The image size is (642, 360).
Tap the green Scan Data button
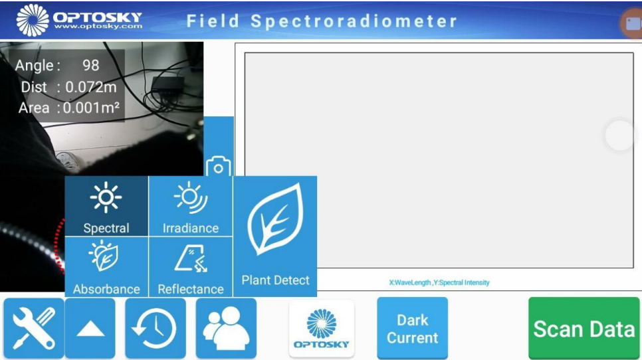(x=584, y=329)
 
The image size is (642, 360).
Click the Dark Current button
(x=412, y=329)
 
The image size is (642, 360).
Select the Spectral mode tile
(x=106, y=206)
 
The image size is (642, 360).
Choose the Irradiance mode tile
(x=191, y=206)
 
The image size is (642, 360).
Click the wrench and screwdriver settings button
(x=34, y=329)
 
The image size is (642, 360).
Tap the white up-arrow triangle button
(x=90, y=329)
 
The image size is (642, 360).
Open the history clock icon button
(x=156, y=329)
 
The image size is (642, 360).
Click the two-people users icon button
(x=226, y=329)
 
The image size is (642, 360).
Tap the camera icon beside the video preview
(x=219, y=167)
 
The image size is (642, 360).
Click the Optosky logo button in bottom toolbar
(x=322, y=329)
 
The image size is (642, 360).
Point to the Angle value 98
(x=91, y=65)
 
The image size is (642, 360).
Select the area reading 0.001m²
(x=91, y=108)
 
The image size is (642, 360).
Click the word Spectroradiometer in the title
(x=354, y=21)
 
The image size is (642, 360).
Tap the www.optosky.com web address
(x=98, y=27)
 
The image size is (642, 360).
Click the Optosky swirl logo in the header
(x=33, y=20)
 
